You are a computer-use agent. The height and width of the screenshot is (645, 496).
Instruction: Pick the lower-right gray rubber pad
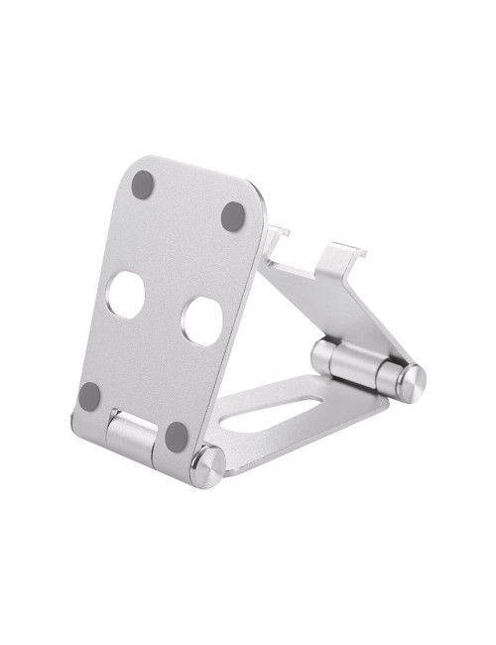click(177, 434)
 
